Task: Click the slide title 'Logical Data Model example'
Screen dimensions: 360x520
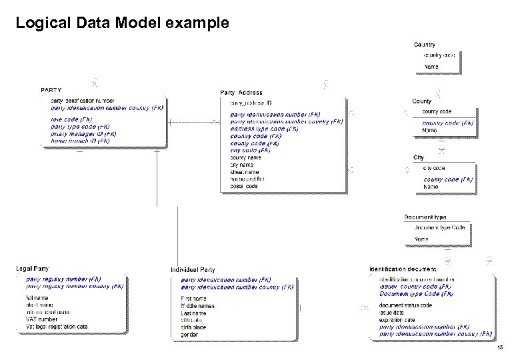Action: coord(122,23)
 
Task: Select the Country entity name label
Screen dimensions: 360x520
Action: coord(425,45)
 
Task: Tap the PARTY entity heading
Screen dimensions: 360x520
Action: coord(51,89)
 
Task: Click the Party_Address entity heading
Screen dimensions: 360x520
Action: coord(241,92)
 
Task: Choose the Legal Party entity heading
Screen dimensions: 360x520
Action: coord(33,269)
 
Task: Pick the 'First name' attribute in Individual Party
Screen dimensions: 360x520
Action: coord(193,299)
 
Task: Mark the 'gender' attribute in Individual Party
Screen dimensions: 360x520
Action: coord(189,335)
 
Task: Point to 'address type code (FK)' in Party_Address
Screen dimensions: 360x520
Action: coord(264,129)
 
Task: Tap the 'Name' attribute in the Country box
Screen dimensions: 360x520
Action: coord(431,67)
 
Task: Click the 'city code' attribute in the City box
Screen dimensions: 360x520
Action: coord(434,168)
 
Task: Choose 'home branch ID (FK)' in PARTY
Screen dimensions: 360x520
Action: coord(80,141)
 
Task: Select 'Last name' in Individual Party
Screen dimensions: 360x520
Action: coord(193,313)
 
